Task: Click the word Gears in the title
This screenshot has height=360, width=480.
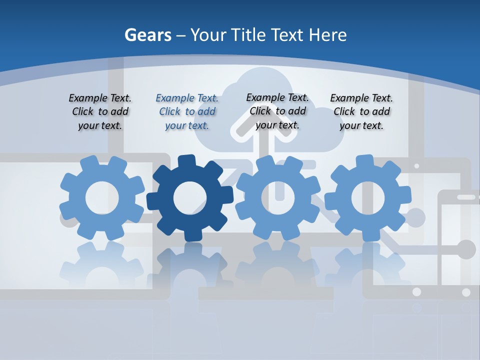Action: pos(148,35)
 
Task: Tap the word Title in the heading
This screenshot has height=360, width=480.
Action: pos(247,35)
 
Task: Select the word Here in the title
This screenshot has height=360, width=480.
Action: pos(327,35)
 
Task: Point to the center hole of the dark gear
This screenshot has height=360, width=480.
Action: pos(189,198)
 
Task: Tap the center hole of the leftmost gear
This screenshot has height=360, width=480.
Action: pos(102,198)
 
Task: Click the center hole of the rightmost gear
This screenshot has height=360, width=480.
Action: pos(367,198)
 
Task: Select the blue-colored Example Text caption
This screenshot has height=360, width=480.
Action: pos(187,111)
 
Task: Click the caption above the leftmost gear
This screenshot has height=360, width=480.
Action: pos(100,111)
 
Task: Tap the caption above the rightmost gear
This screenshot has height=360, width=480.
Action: pos(361,111)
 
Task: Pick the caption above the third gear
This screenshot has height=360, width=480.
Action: pos(277,111)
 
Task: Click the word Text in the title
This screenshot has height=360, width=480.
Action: pos(287,35)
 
